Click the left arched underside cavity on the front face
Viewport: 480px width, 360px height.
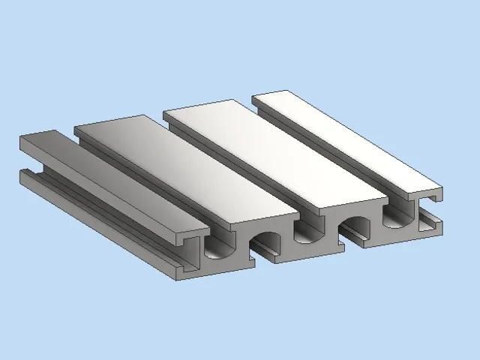click(x=264, y=244)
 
